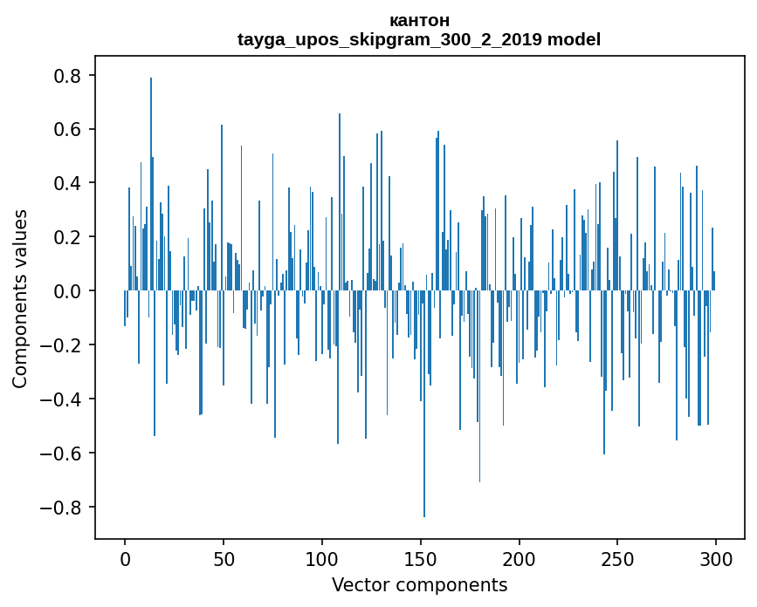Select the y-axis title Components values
pyautogui.click(x=20, y=298)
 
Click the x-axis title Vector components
pyautogui.click(x=419, y=584)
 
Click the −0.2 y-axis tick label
pyautogui.click(x=61, y=345)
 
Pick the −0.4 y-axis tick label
pyautogui.click(x=61, y=399)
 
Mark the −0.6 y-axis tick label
pyautogui.click(x=61, y=454)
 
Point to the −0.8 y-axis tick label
pyautogui.click(x=61, y=508)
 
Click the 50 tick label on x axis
pyautogui.click(x=224, y=558)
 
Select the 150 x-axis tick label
pyautogui.click(x=421, y=558)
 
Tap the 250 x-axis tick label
pyautogui.click(x=617, y=558)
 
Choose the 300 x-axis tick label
pyautogui.click(x=716, y=558)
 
